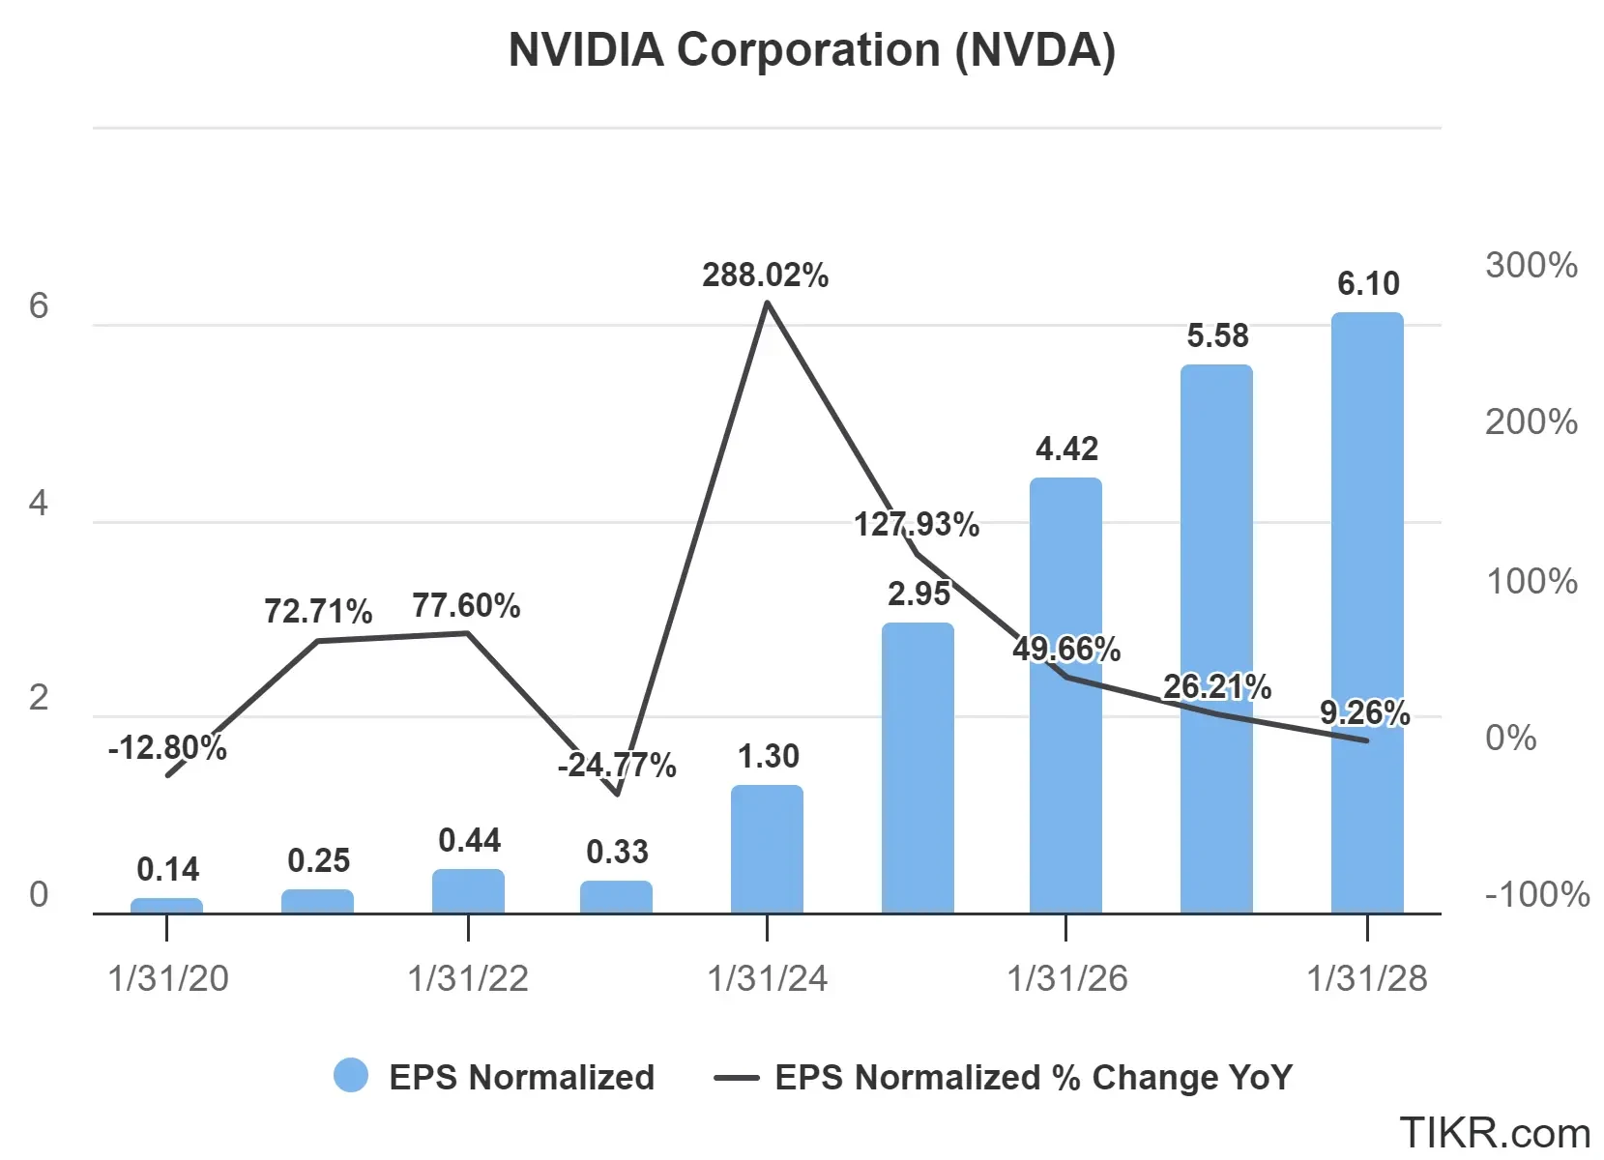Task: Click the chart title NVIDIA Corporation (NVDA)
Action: pyautogui.click(x=811, y=50)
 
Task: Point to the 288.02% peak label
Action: pyautogui.click(x=765, y=275)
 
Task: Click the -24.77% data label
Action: pyautogui.click(x=616, y=766)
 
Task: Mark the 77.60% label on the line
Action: pyautogui.click(x=466, y=606)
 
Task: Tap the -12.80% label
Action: pyautogui.click(x=167, y=747)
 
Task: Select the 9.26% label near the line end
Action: pyautogui.click(x=1364, y=713)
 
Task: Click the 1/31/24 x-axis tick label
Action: pyautogui.click(x=767, y=978)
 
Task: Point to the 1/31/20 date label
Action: pyautogui.click(x=168, y=978)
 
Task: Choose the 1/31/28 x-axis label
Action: pyautogui.click(x=1366, y=978)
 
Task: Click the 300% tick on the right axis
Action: pyautogui.click(x=1531, y=265)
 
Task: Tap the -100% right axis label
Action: pyautogui.click(x=1536, y=894)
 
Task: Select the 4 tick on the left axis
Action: pyautogui.click(x=39, y=503)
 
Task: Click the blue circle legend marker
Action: pyautogui.click(x=351, y=1076)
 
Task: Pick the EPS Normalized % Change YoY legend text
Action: pyautogui.click(x=1033, y=1077)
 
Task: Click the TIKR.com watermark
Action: pyautogui.click(x=1494, y=1132)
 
